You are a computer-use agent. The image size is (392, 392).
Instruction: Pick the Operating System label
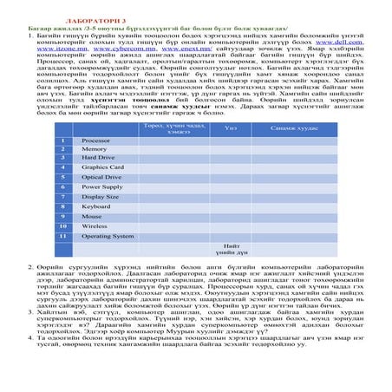[x=107, y=235]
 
